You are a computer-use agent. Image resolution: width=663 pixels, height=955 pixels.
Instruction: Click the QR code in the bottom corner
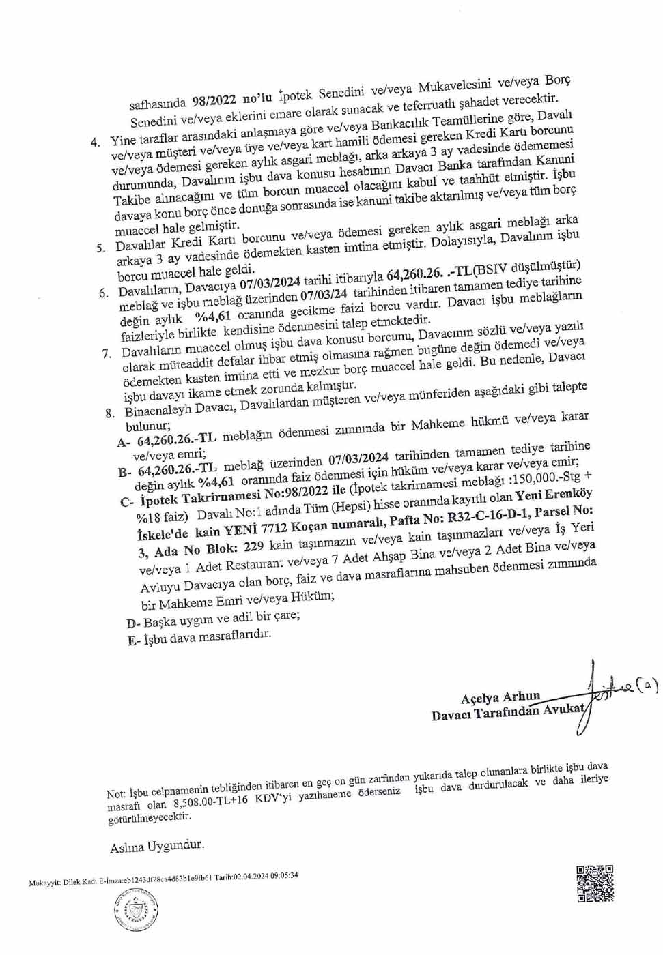pos(594,883)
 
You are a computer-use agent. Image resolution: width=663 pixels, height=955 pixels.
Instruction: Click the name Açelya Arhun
pos(500,697)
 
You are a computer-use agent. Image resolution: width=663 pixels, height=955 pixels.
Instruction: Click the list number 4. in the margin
pos(96,143)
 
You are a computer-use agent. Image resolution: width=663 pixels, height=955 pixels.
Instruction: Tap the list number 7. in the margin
pos(107,353)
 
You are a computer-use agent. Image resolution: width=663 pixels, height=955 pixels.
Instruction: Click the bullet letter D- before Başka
pos(133,623)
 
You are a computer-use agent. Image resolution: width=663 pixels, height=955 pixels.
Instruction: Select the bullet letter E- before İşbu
pos(134,641)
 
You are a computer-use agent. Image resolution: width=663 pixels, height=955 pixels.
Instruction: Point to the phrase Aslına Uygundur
pos(157,847)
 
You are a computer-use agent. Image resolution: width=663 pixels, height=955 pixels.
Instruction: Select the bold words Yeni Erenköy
pos(553,495)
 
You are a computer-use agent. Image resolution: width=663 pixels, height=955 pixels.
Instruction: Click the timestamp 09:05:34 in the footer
pos(283,876)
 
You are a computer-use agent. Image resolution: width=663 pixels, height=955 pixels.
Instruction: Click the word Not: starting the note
pos(116,793)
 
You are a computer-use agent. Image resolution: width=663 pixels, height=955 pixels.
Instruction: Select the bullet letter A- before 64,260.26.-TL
pos(124,442)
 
